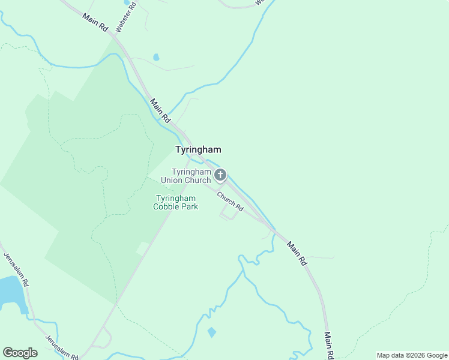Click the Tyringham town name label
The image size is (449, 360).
pos(198,149)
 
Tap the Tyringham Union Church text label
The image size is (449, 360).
pos(191,176)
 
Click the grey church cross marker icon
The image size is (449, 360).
pos(220,175)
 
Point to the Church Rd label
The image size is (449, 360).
pos(230,201)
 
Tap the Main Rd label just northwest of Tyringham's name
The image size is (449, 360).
pos(161,111)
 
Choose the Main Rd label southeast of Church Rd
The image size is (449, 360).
pos(297,253)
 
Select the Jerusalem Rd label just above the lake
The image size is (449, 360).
pos(14,265)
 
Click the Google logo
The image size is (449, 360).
pos(20,353)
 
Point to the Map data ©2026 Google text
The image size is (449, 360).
pos(412,355)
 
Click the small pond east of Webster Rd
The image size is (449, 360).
pos(156,58)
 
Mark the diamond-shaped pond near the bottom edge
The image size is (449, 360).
pos(211,332)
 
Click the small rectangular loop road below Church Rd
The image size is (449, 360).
pos(228,212)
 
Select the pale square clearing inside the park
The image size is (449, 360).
pos(142,248)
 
